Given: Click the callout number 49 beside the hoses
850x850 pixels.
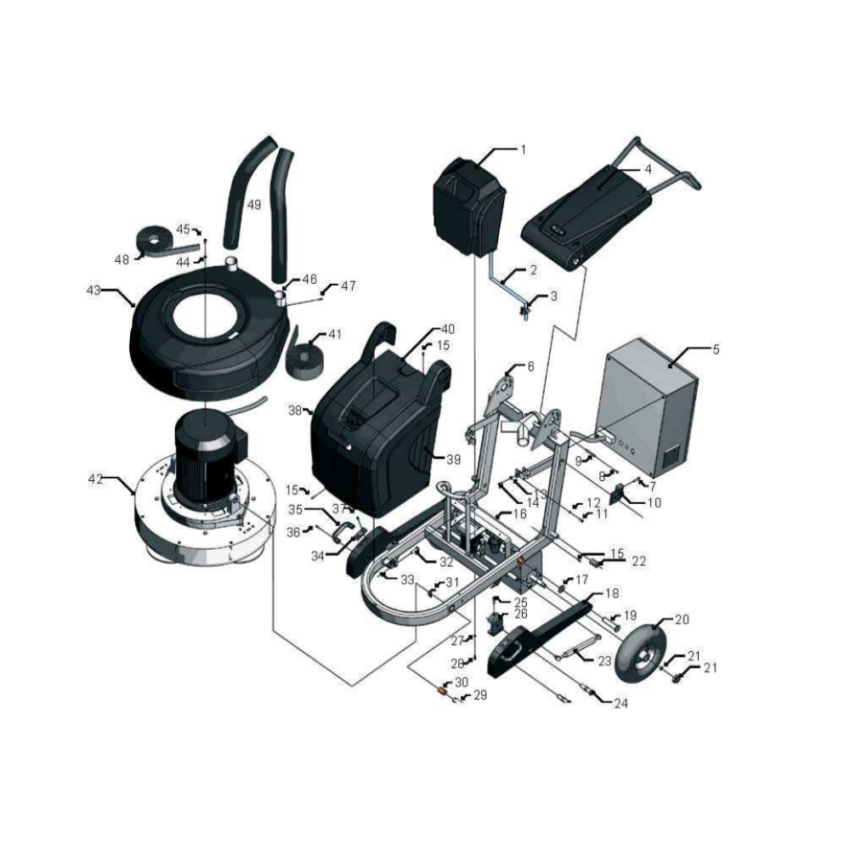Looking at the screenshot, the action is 253,205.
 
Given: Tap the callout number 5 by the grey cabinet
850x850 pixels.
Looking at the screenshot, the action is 716,349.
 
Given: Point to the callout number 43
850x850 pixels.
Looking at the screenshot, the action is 93,291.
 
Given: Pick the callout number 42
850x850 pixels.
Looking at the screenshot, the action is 95,479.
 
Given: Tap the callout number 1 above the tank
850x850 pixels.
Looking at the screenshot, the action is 523,150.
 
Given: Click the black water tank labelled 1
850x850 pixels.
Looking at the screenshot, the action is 469,207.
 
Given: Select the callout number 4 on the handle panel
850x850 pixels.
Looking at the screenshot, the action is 648,169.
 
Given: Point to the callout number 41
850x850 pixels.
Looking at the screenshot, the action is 335,334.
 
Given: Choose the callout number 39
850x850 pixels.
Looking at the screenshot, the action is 453,460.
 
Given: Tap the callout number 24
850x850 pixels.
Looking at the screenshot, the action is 620,703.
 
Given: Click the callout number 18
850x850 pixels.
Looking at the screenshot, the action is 611,593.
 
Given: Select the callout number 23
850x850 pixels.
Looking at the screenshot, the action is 604,660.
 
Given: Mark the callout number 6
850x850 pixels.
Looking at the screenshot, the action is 530,366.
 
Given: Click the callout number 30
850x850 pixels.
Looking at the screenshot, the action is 462,682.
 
